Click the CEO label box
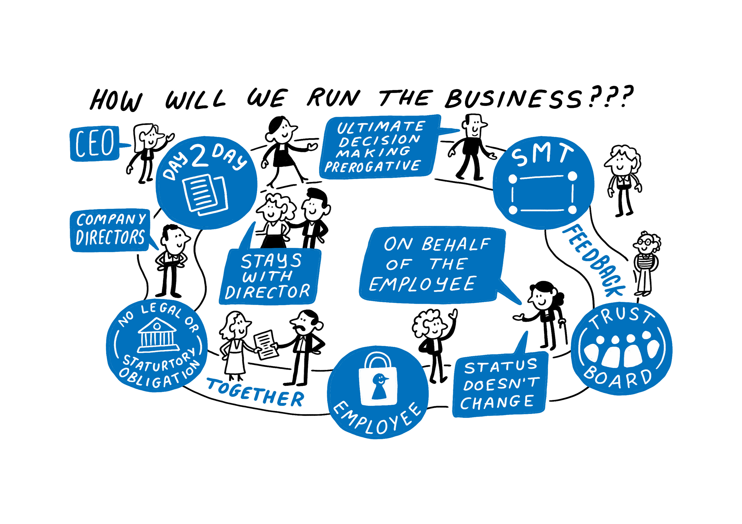tap(94, 143)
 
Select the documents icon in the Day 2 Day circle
tap(205, 195)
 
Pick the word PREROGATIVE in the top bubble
tap(372, 167)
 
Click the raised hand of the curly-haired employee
tap(454, 314)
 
